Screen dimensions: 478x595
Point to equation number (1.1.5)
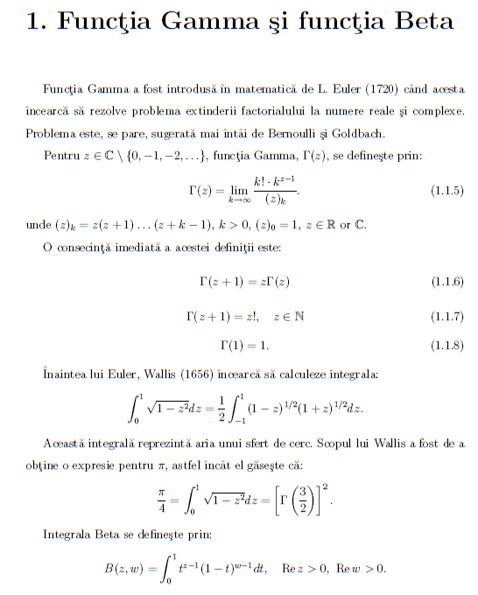(x=447, y=190)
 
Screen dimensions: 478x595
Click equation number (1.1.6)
(x=447, y=281)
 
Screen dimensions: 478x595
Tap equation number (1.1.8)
(x=447, y=346)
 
